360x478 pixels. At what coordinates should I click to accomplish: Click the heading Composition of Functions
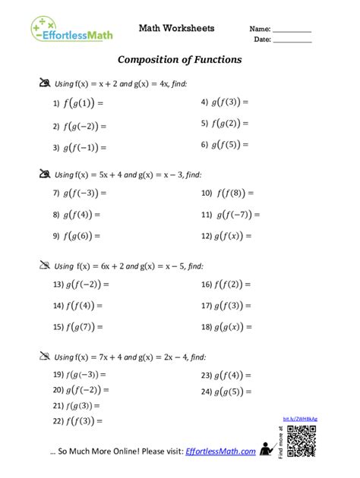click(x=179, y=58)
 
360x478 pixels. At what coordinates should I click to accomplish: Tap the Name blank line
click(x=292, y=30)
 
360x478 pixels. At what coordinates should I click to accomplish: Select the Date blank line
click(x=292, y=40)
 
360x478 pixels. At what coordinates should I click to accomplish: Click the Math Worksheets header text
click(x=176, y=28)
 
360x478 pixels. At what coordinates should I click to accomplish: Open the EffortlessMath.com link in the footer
click(x=221, y=451)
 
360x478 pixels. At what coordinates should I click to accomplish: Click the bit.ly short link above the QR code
click(x=301, y=419)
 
